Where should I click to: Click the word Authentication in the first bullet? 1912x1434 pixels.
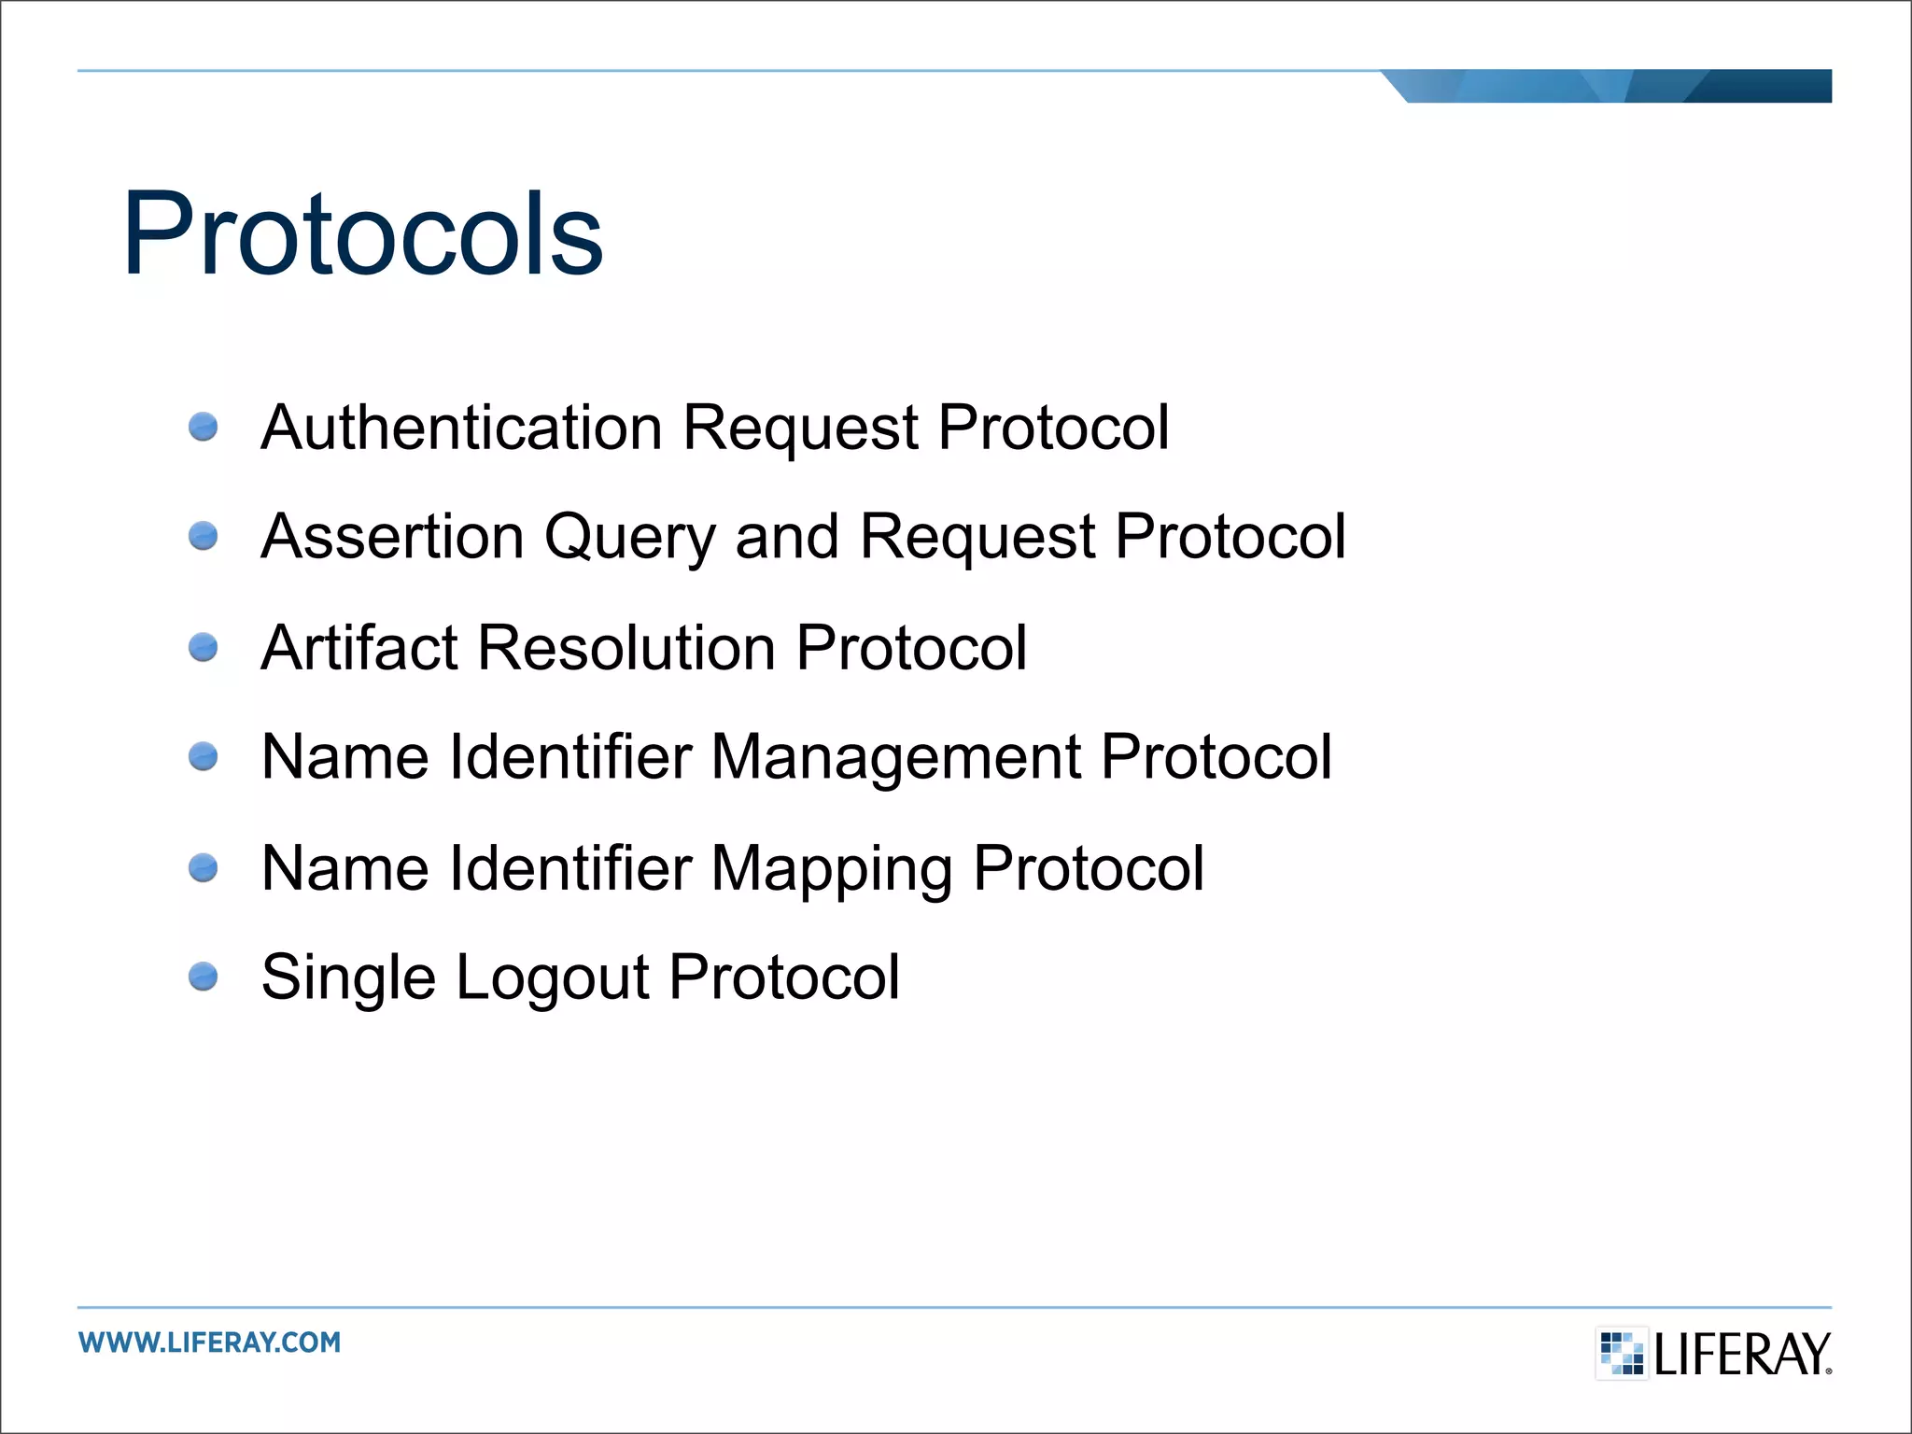point(461,428)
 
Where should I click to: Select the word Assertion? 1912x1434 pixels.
point(392,537)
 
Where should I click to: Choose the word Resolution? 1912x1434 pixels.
point(626,647)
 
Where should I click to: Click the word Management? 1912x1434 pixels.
point(896,758)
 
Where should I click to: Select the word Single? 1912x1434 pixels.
point(348,979)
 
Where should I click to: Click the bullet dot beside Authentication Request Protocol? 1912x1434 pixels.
point(203,428)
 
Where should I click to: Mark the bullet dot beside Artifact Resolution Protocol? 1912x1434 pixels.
point(203,647)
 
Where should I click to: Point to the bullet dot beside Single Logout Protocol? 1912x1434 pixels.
point(203,977)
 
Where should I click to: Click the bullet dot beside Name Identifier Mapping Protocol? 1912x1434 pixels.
point(203,868)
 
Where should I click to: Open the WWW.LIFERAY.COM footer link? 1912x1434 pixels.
point(210,1343)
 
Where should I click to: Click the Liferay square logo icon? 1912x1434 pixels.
point(1622,1354)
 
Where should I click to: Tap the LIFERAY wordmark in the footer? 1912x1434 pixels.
point(1742,1355)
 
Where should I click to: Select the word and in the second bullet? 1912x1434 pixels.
point(787,537)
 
